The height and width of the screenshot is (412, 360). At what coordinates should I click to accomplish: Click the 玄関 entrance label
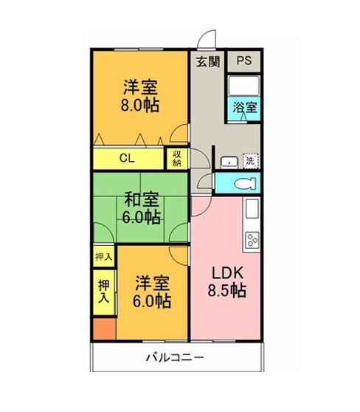[x=208, y=62]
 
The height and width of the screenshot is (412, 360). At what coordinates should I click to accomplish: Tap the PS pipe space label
[x=244, y=61]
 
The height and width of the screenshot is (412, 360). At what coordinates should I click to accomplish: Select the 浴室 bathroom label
[x=245, y=107]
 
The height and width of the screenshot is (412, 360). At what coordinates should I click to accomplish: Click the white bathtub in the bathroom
[x=244, y=86]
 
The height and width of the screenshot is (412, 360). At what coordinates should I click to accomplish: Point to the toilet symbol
[x=245, y=183]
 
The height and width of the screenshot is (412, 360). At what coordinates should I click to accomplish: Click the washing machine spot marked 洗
[x=251, y=160]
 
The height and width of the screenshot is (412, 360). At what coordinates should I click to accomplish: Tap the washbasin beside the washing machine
[x=229, y=163]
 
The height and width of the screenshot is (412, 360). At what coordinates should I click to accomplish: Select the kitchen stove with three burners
[x=252, y=240]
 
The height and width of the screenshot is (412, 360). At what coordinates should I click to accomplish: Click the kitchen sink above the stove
[x=252, y=209]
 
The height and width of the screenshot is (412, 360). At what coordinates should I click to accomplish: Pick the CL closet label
[x=127, y=158]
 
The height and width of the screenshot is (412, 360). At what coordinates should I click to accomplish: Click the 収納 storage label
[x=177, y=159]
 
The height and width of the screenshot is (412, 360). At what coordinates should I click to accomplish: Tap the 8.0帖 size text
[x=140, y=105]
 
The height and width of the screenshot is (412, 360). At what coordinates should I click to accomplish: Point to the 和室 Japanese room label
[x=142, y=199]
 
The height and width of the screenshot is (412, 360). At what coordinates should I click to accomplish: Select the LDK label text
[x=228, y=273]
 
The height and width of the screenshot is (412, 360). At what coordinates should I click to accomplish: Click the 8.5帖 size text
[x=227, y=291]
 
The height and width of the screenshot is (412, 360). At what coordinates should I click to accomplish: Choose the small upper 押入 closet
[x=104, y=256]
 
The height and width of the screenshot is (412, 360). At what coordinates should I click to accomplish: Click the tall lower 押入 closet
[x=104, y=292]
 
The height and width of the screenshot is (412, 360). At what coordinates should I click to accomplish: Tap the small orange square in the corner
[x=105, y=329]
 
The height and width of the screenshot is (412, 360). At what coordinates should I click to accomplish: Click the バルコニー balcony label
[x=175, y=357]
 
